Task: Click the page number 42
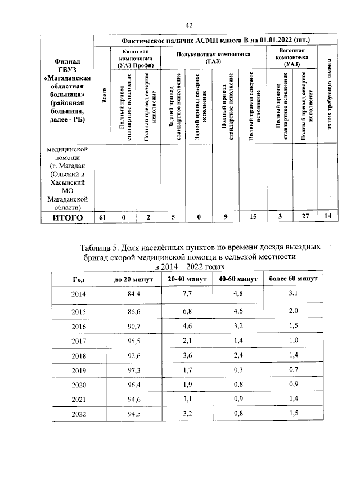[x=189, y=25]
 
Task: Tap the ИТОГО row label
[x=67, y=217]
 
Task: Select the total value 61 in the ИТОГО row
[x=102, y=217]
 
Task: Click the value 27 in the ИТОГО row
[x=305, y=217]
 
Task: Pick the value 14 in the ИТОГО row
[x=328, y=217]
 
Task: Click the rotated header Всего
[x=103, y=96]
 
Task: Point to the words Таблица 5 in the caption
[x=101, y=247]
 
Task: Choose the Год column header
[x=79, y=279]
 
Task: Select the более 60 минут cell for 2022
[x=292, y=414]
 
